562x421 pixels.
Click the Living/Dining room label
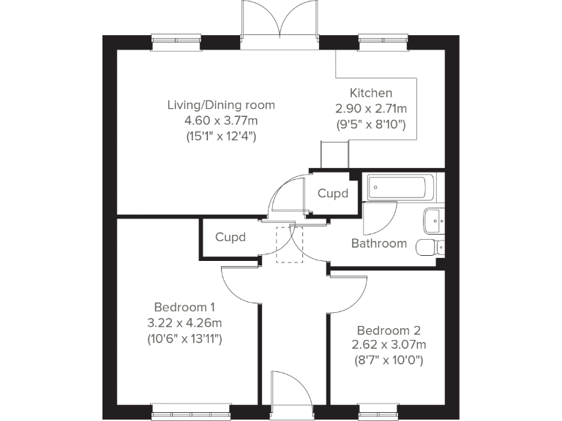tap(221, 105)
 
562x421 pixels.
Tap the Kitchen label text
tap(371, 93)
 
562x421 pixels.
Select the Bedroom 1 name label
tap(184, 307)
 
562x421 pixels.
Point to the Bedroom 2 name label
tap(389, 330)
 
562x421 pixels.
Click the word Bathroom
tap(379, 243)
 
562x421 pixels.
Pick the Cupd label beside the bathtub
tap(333, 194)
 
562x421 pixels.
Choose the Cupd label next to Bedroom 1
tap(231, 238)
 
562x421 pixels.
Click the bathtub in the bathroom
tap(401, 188)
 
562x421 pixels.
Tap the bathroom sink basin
tap(434, 221)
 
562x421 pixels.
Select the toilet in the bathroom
tap(430, 247)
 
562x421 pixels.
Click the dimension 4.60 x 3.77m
tap(221, 121)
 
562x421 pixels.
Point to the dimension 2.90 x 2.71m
tap(371, 108)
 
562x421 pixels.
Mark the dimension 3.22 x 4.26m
tap(184, 323)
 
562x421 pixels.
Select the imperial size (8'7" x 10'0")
tap(389, 360)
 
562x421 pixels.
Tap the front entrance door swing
tap(291, 390)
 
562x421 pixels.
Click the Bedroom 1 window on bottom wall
tap(191, 411)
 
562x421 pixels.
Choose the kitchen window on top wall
tap(383, 42)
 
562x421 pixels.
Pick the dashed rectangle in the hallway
tap(289, 245)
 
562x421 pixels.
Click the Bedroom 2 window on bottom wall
tap(378, 411)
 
